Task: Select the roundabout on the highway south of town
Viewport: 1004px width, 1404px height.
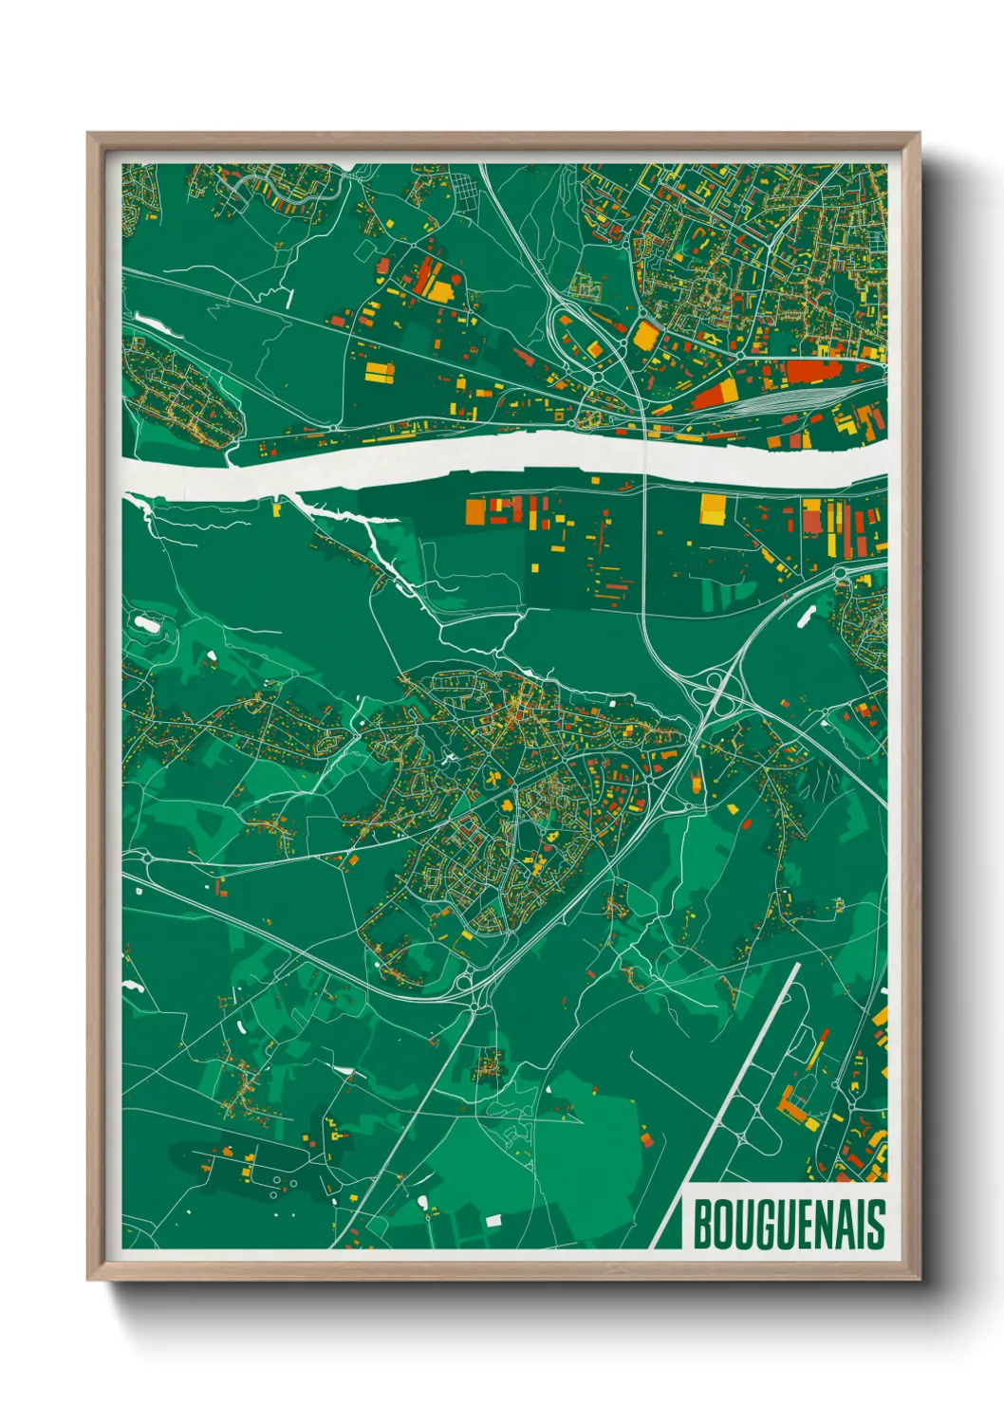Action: [472, 987]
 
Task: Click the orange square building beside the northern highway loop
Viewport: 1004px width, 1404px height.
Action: [645, 335]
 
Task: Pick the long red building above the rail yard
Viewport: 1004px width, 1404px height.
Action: [802, 371]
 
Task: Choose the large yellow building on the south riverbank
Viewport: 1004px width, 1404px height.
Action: [713, 508]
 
